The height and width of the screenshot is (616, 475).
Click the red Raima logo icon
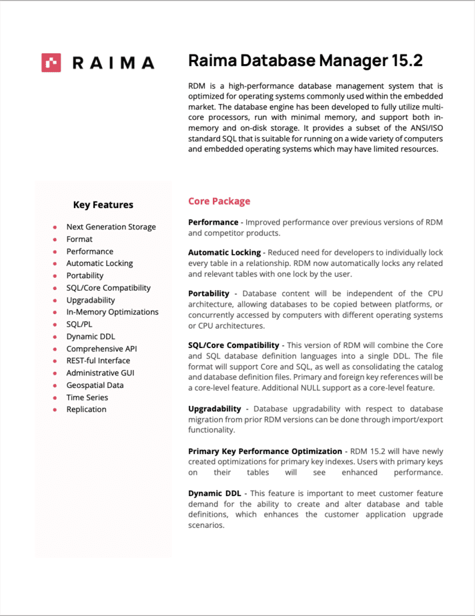click(51, 63)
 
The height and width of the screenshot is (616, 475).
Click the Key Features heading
click(103, 205)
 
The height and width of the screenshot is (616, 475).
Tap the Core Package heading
click(219, 201)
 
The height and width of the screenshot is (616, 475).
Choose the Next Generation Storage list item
click(111, 227)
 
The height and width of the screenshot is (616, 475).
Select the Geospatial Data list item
click(95, 385)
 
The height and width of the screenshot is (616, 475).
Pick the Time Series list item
click(87, 397)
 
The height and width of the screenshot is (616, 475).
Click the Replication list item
click(86, 409)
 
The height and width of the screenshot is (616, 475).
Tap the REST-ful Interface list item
click(98, 361)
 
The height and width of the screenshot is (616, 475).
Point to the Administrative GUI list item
click(100, 373)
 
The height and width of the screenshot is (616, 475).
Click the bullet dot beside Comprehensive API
click(54, 349)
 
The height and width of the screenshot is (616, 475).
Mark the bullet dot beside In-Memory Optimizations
click(54, 312)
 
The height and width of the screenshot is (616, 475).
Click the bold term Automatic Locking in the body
click(224, 253)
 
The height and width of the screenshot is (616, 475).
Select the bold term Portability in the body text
click(208, 293)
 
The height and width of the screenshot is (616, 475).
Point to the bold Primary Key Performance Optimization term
click(265, 451)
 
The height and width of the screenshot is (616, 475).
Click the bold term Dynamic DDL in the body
click(214, 493)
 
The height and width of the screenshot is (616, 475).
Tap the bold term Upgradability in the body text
click(213, 409)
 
